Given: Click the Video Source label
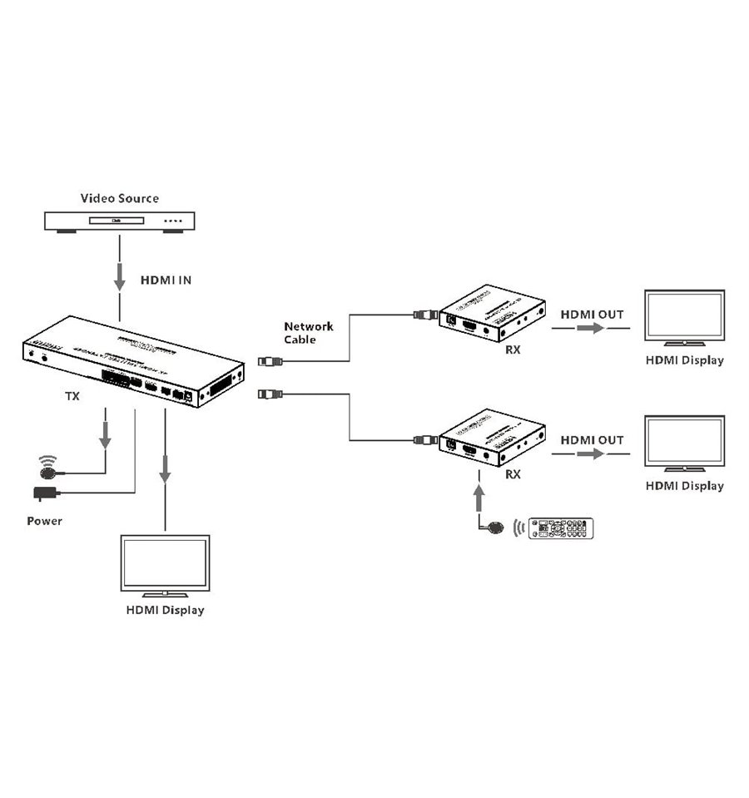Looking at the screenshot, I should (x=119, y=198).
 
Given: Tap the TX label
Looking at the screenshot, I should (x=72, y=397).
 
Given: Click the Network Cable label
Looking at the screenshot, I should (x=308, y=333).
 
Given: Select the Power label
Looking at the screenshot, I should (x=44, y=521).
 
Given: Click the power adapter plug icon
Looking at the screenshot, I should (x=45, y=493).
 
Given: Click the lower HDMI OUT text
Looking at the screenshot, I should (x=591, y=439).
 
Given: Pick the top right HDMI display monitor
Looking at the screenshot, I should (x=685, y=317).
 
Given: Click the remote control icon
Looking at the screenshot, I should (x=562, y=528).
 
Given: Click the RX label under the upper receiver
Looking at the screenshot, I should (x=513, y=349).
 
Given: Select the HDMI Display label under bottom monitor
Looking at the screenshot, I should (x=165, y=610).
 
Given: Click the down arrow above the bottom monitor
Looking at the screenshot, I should (x=165, y=470).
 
